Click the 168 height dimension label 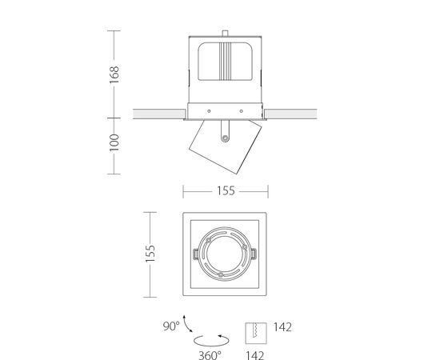[x=114, y=74]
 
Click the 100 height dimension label [x=114, y=142]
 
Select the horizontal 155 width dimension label [x=226, y=191]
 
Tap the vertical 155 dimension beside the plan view [x=150, y=254]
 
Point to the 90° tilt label [x=171, y=326]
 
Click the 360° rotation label [x=210, y=355]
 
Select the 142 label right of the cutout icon [x=282, y=327]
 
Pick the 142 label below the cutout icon [x=255, y=355]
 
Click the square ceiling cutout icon [x=256, y=333]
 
